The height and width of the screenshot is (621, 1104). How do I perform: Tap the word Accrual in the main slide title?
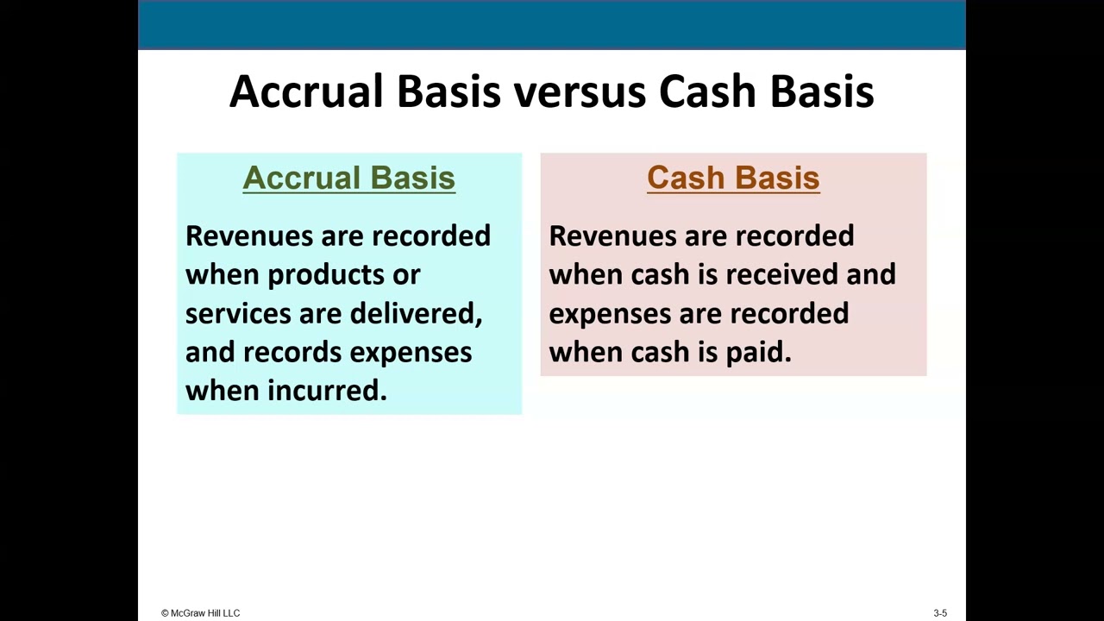(x=305, y=91)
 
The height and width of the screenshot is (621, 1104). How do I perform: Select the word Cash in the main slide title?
(x=707, y=91)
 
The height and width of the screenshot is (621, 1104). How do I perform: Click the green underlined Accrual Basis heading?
(x=348, y=178)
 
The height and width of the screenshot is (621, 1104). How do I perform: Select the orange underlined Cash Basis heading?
(x=733, y=178)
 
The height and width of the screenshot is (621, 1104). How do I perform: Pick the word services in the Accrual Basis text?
(x=238, y=313)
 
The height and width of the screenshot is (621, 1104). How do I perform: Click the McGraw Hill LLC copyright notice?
(x=200, y=613)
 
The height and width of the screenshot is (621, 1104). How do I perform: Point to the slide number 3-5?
(x=940, y=613)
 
